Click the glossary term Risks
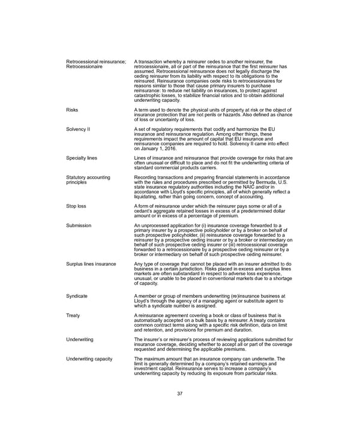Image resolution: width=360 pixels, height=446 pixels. tap(72, 111)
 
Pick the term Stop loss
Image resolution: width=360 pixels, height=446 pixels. tap(76, 206)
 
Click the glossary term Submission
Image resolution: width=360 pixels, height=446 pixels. tap(79, 225)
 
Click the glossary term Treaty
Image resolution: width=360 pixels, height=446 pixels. tap(73, 315)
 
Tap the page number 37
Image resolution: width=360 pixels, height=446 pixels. tap(179, 393)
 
